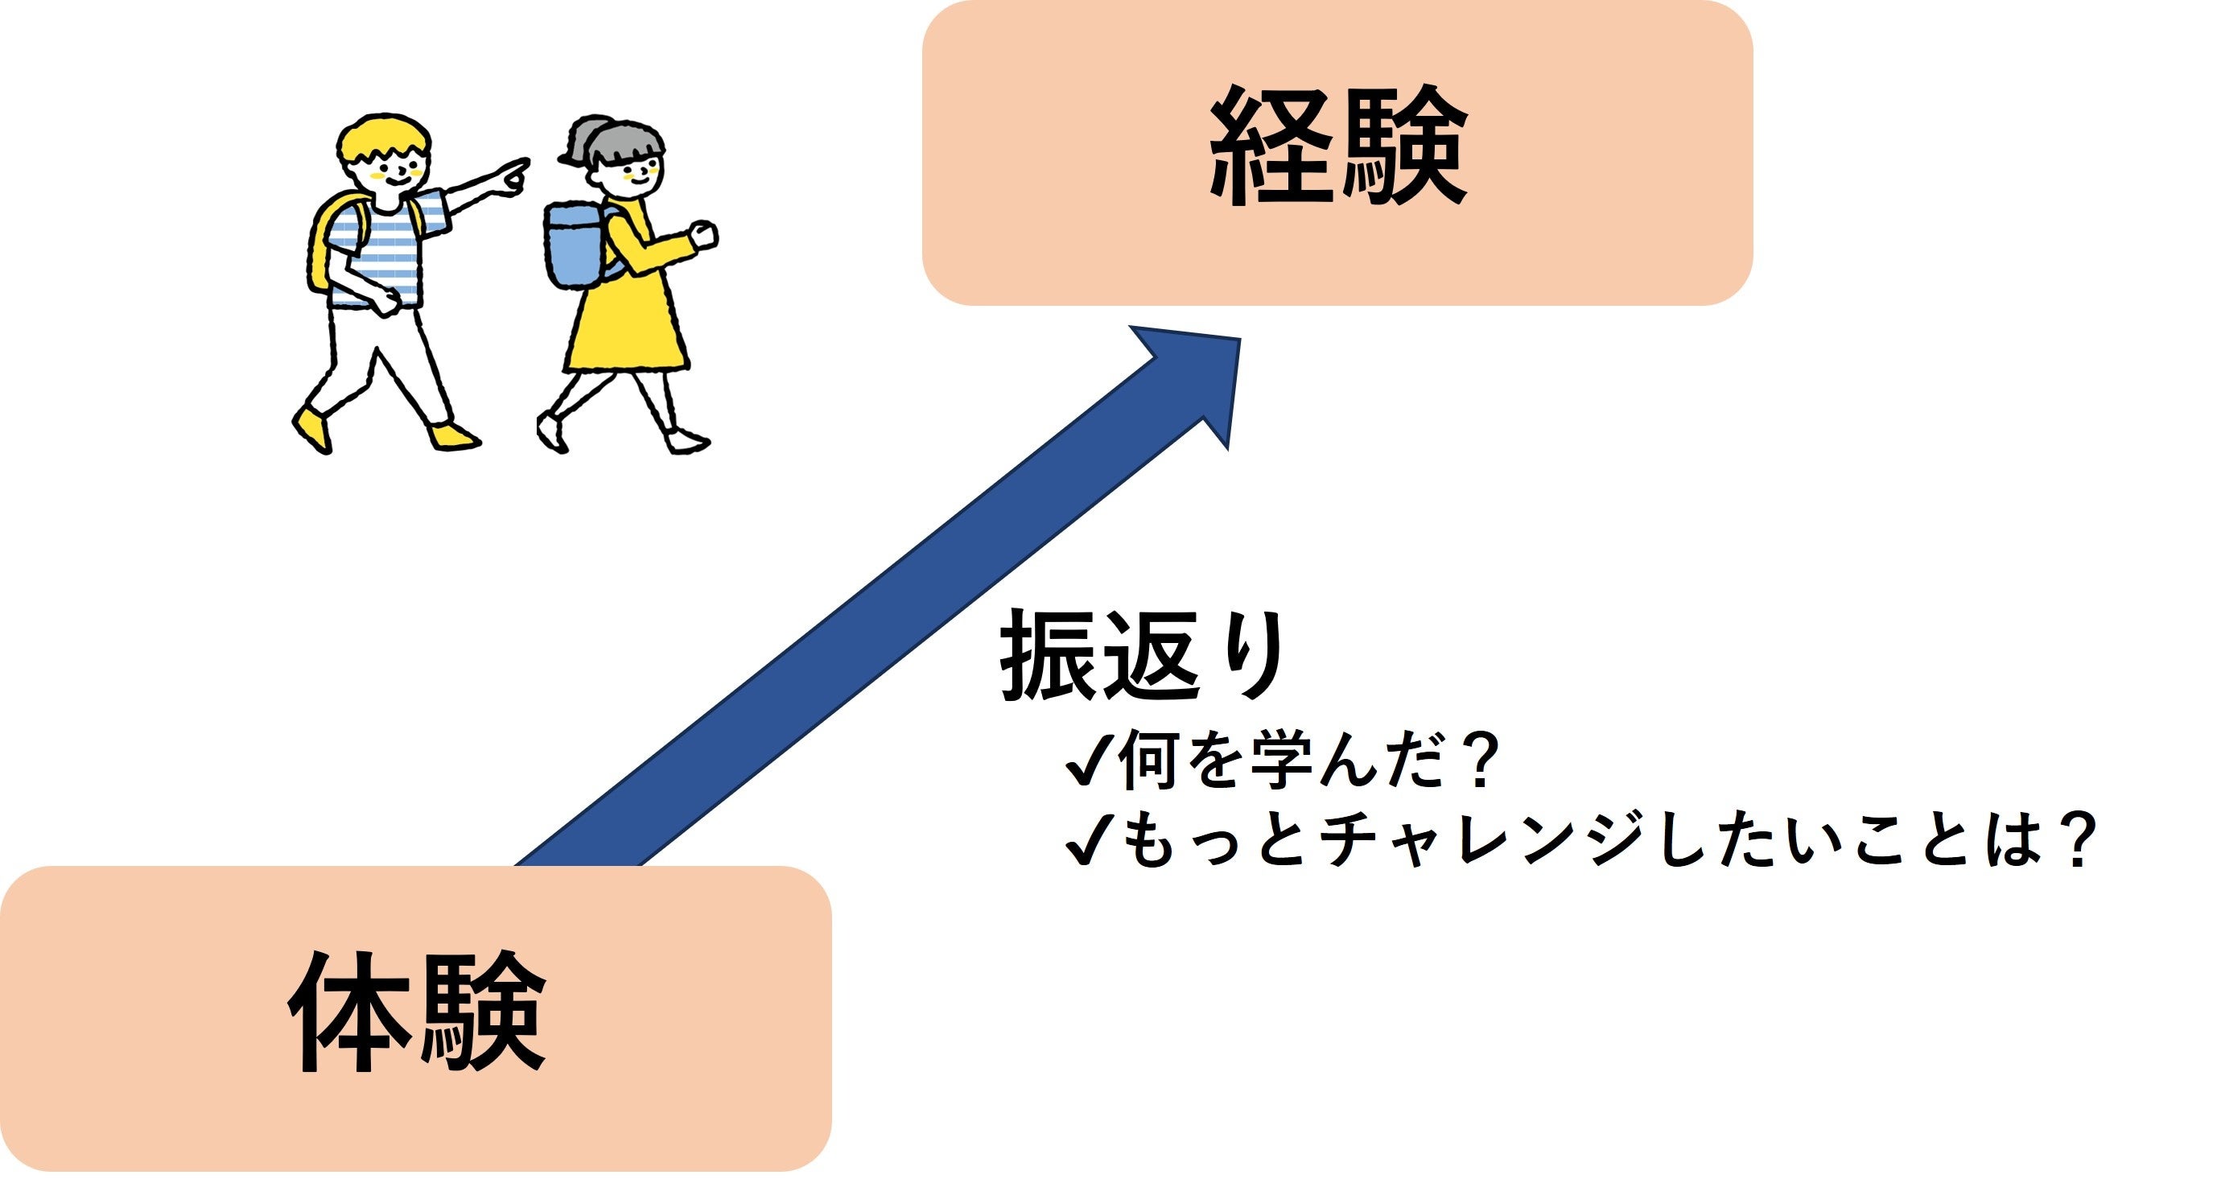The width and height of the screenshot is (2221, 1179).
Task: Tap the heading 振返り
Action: click(1143, 655)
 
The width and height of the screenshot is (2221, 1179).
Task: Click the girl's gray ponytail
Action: click(587, 138)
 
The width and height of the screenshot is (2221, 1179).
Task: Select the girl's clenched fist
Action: click(704, 234)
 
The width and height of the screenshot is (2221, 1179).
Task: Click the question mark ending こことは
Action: click(2076, 840)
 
